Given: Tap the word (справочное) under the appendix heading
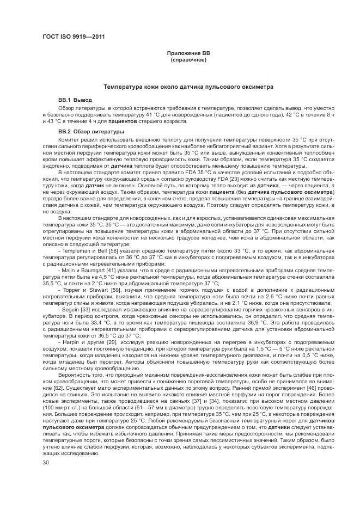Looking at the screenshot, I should click(188, 59).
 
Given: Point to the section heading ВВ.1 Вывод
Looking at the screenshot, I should click(75, 100).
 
